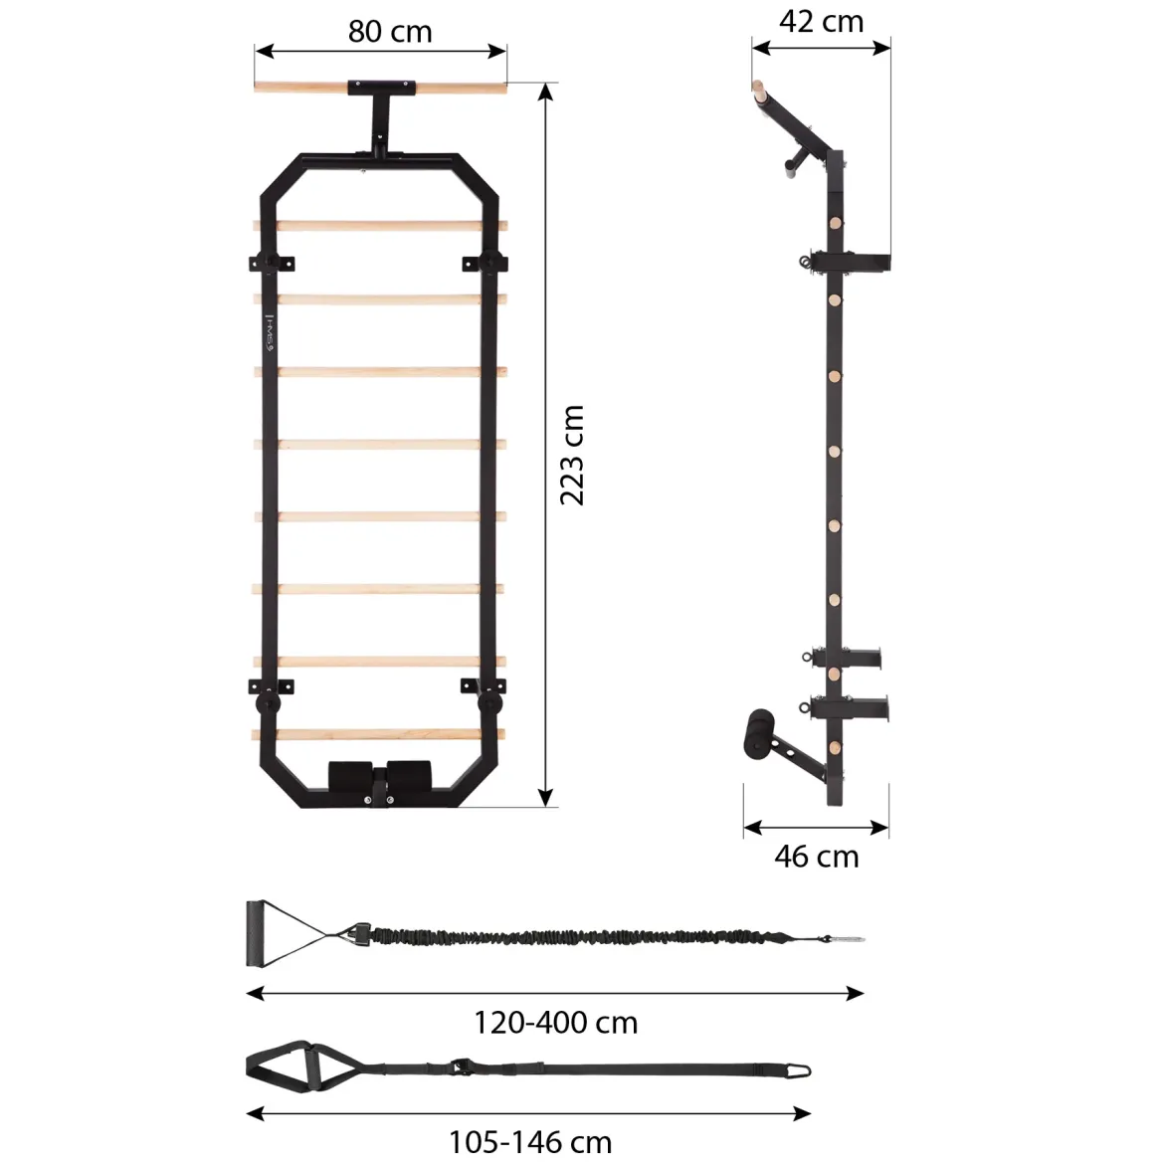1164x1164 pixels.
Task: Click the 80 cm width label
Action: pos(390,32)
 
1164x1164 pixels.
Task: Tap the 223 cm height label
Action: pos(572,455)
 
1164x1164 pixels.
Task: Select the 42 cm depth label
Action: pos(821,22)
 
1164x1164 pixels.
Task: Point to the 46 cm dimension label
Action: pos(817,857)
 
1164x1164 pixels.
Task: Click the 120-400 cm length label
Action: pos(555,1023)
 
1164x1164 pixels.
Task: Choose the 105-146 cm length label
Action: pos(530,1142)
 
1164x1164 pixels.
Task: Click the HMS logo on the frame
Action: pos(271,332)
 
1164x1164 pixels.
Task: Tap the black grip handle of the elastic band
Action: pos(255,934)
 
